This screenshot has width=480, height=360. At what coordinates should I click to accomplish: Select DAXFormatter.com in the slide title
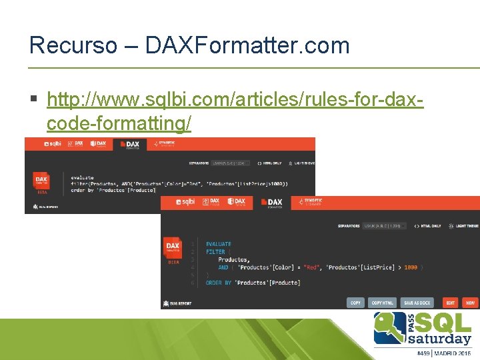(247, 45)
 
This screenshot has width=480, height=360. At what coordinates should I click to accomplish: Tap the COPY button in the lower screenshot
(356, 303)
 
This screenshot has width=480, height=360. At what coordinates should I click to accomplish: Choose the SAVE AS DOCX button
(417, 303)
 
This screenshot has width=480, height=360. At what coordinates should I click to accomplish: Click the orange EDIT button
(451, 303)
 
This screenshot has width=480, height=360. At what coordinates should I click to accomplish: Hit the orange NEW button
(471, 303)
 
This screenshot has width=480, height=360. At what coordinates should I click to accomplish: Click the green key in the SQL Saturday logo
(387, 327)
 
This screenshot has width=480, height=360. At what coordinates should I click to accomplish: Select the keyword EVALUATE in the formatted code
(219, 244)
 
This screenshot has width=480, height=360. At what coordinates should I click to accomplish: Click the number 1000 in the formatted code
(411, 267)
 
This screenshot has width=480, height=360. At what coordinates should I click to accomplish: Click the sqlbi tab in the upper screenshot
(51, 143)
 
